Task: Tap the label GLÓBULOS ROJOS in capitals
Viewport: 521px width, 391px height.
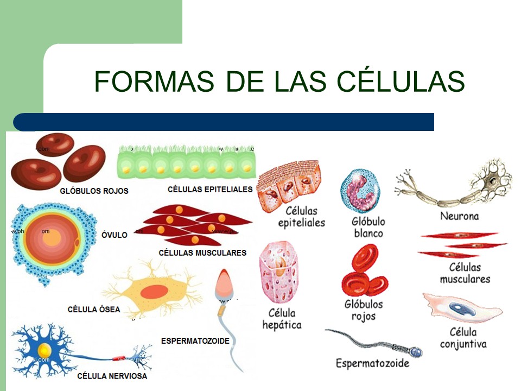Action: [x=94, y=191]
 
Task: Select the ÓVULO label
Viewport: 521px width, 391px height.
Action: [x=115, y=235]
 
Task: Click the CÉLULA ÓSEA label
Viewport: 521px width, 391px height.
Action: [x=94, y=309]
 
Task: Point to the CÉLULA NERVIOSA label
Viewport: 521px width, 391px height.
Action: [x=112, y=376]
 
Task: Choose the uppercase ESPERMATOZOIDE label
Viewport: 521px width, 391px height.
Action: [x=195, y=341]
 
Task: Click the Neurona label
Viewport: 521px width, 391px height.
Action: [x=460, y=216]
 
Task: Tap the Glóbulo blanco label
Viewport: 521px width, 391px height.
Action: [x=368, y=227]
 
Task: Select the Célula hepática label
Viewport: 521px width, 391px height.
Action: [x=282, y=319]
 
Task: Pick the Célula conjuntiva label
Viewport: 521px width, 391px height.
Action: [x=463, y=338]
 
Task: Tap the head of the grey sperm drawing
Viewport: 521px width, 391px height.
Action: [x=416, y=352]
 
